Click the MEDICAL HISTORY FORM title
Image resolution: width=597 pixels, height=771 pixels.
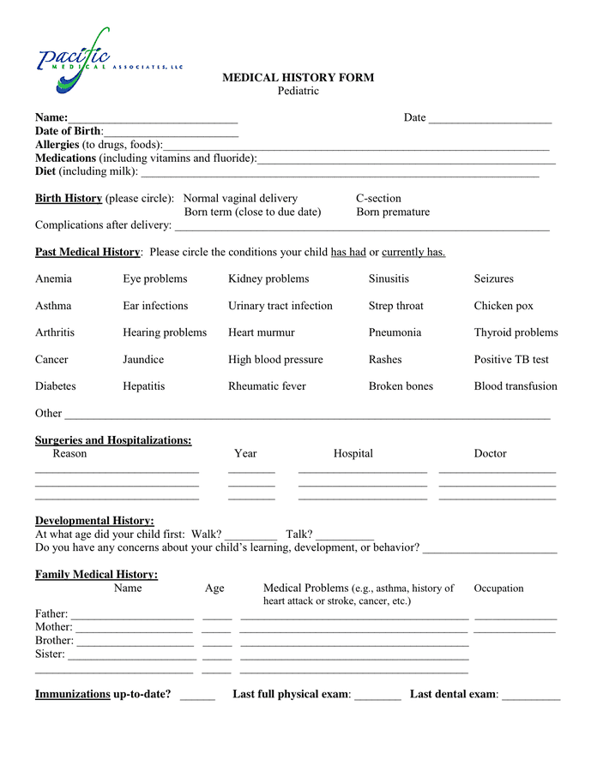click(298, 77)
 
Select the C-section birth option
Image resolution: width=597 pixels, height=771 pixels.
click(378, 198)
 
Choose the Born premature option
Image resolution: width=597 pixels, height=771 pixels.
click(393, 212)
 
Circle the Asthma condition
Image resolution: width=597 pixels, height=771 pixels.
click(53, 306)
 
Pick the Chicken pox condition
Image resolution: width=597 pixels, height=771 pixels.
click(504, 306)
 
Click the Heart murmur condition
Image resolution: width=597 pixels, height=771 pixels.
click(261, 332)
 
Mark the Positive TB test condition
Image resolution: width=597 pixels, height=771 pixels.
click(511, 360)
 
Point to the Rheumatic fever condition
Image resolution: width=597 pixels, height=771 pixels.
click(267, 386)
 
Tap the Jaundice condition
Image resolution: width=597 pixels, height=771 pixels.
click(143, 360)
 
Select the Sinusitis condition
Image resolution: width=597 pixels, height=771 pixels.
click(389, 279)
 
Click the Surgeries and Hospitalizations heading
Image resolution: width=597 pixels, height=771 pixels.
click(113, 440)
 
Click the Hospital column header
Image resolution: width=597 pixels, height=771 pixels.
click(353, 454)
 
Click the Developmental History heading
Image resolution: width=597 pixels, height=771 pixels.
click(94, 521)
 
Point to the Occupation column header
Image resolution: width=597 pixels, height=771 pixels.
click(498, 589)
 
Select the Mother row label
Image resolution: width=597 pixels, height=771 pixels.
click(53, 627)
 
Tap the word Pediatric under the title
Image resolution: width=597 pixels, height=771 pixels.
click(298, 91)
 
